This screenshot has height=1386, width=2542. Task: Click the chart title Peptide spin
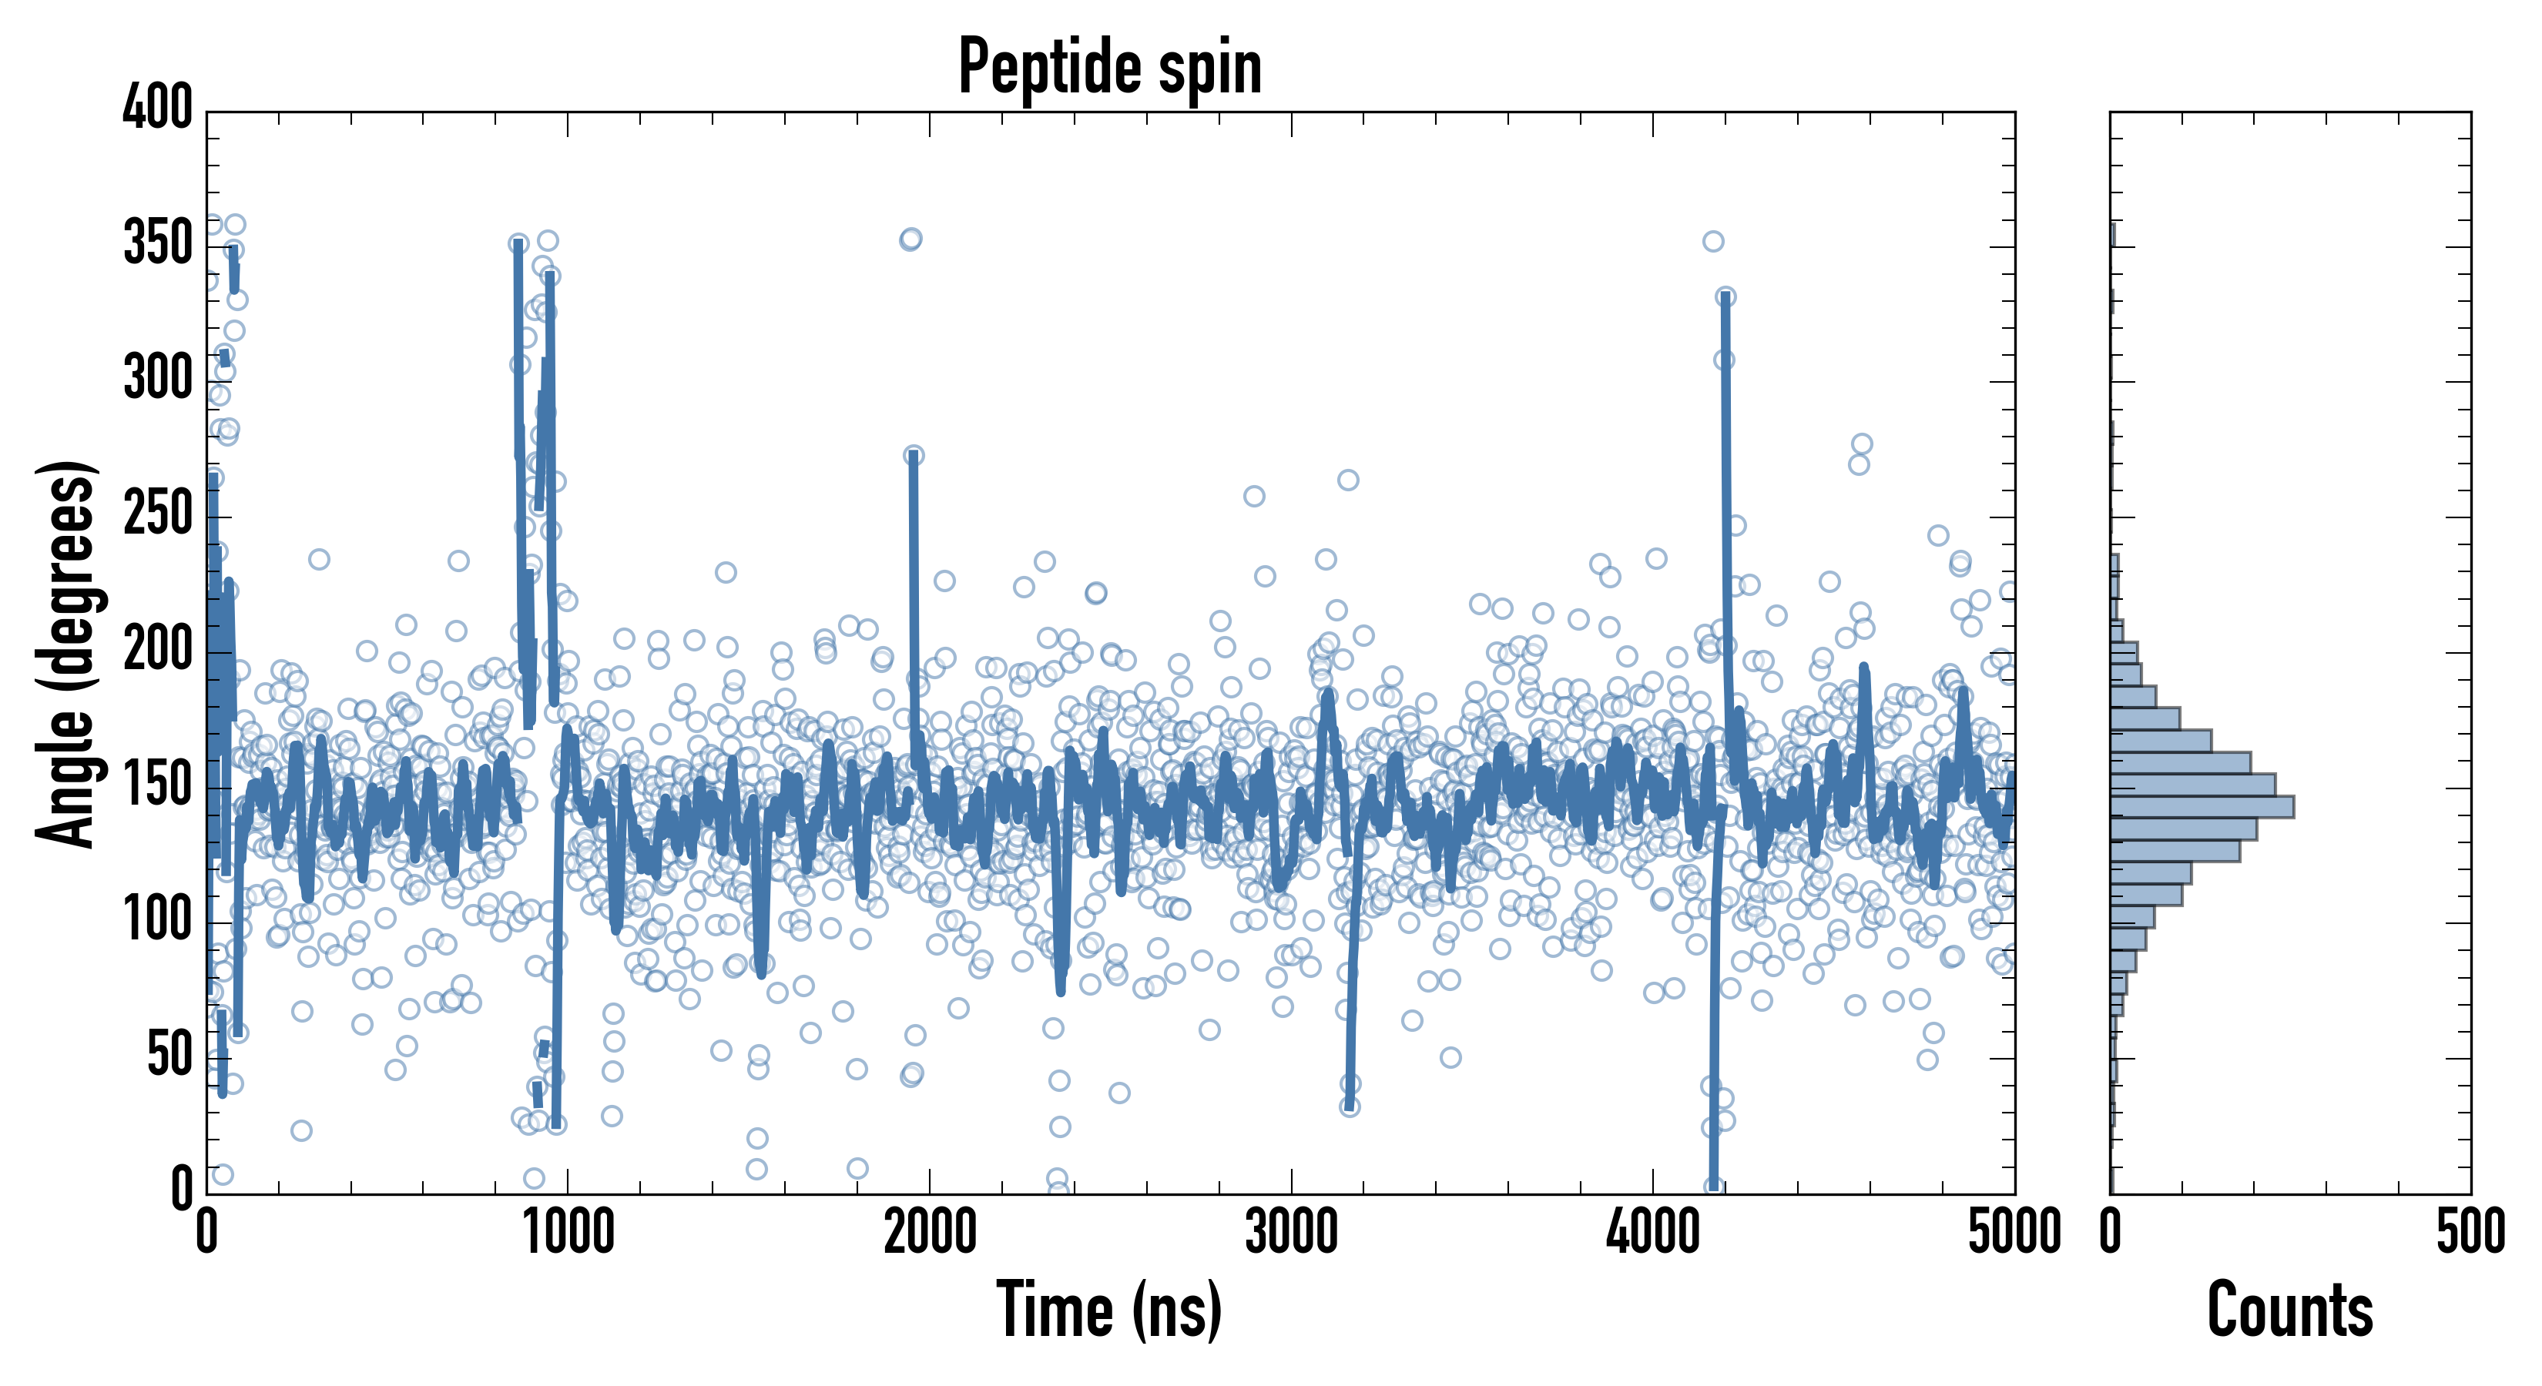pos(1109,67)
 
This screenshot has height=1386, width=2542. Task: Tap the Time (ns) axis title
pos(1109,1309)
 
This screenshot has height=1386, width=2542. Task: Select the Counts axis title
pos(2289,1309)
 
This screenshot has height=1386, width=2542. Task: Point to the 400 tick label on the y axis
pos(157,108)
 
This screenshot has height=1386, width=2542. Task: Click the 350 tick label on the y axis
pos(157,243)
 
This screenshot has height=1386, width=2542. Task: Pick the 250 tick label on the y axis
pos(157,514)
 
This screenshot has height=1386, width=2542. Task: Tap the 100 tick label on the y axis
pos(157,920)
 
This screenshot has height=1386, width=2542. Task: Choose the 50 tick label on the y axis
pos(169,1056)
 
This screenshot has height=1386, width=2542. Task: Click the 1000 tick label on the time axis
pos(568,1232)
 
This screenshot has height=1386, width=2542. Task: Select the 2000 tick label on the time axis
pos(930,1232)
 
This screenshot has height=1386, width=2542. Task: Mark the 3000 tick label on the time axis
pos(1291,1232)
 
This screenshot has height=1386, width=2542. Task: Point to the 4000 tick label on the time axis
pos(1653,1232)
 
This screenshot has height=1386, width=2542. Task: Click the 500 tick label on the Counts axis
pos(2470,1232)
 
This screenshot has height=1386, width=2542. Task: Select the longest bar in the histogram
pos(2201,806)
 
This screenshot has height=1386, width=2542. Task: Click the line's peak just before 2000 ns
pos(913,457)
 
